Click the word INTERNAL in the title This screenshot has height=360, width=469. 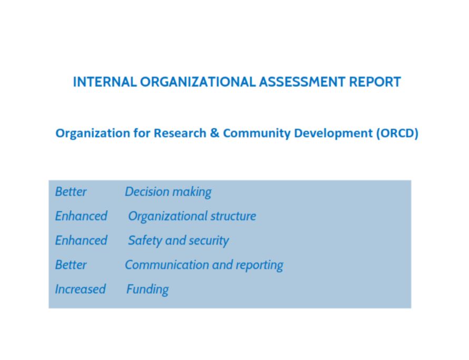[104, 82]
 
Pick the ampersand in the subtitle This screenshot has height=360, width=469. [214, 133]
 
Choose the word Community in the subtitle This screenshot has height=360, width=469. [257, 133]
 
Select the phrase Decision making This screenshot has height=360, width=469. [168, 192]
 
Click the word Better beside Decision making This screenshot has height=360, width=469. [71, 192]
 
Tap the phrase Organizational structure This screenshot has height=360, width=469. [192, 216]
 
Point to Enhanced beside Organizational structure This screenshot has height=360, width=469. [81, 216]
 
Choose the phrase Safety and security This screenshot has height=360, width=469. [178, 241]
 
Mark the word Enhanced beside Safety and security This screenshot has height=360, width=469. [81, 240]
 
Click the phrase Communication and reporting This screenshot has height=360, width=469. [204, 265]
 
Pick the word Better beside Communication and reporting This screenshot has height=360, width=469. [71, 265]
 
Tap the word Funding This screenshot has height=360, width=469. [148, 289]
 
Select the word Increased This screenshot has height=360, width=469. [80, 289]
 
